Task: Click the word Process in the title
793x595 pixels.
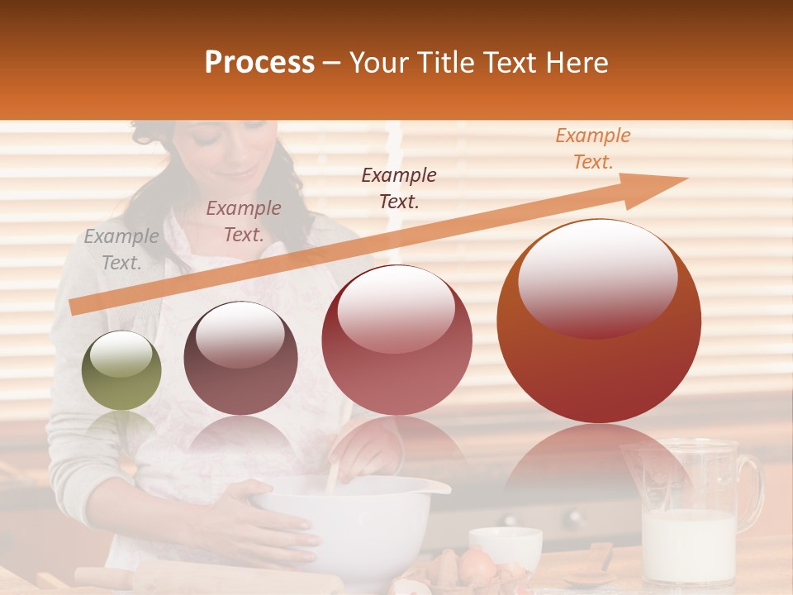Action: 259,63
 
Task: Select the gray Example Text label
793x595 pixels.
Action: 121,250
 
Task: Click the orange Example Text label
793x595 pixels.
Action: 592,149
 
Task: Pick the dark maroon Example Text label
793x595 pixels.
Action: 399,188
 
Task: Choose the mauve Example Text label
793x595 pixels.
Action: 243,221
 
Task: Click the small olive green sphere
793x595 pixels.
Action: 121,370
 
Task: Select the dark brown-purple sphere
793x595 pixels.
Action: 240,358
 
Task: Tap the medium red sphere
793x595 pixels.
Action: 396,340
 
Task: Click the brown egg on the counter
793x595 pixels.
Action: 477,565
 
